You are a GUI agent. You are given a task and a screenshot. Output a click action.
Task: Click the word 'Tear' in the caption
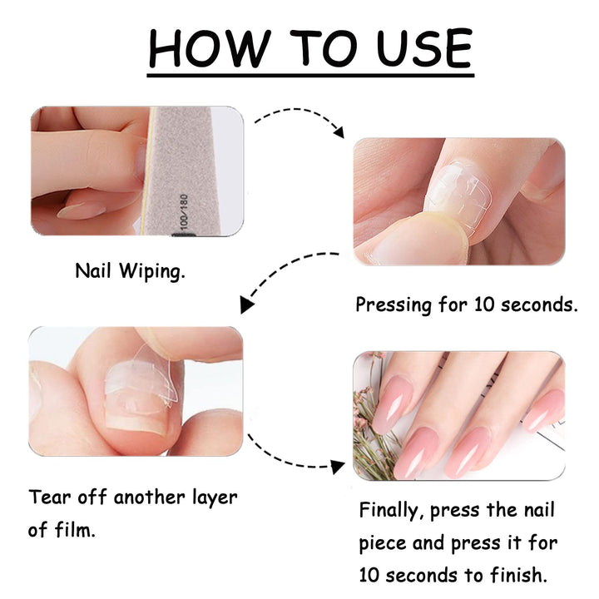(x=49, y=498)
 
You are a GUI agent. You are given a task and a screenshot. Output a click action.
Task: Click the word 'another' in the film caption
(x=155, y=498)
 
